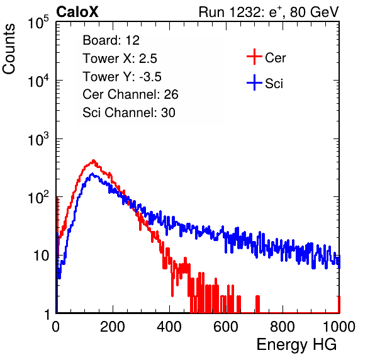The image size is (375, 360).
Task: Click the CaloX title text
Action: (77, 12)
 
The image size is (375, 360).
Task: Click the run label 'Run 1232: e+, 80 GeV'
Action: (269, 12)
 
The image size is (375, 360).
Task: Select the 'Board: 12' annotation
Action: (111, 40)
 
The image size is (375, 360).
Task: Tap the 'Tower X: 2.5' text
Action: (120, 59)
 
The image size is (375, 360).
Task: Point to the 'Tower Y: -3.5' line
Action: (122, 77)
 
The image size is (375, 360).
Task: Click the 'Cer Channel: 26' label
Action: (130, 94)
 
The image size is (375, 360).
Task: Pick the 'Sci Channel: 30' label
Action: (129, 113)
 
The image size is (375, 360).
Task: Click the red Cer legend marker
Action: (254, 57)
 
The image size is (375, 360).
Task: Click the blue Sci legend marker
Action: (254, 83)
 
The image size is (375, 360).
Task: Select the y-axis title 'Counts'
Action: (9, 49)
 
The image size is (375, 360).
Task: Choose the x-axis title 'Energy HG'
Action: (296, 344)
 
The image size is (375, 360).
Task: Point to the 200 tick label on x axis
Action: (113, 327)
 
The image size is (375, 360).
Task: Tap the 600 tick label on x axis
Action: (226, 327)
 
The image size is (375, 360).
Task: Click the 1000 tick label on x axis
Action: (339, 327)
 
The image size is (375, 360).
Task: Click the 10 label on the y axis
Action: (41, 256)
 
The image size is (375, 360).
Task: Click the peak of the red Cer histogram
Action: (94, 160)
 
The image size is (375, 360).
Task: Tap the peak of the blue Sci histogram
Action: (92, 174)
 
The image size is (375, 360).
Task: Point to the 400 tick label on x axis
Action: (169, 327)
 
